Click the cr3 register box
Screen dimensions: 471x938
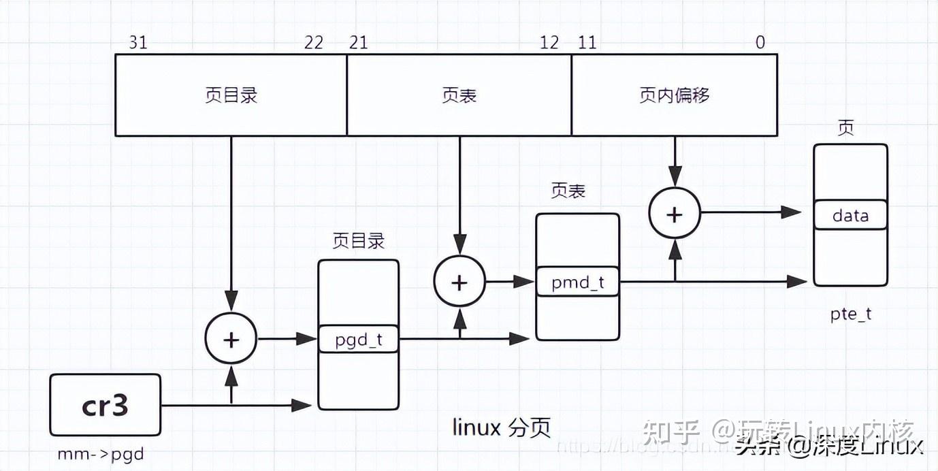105,406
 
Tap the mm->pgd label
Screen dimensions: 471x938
101,453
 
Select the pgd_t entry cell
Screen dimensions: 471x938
359,339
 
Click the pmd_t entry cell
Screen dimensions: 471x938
577,282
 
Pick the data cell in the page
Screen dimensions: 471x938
850,215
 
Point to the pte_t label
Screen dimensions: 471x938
850,314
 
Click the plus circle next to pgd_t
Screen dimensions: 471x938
231,339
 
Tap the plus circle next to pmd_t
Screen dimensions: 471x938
459,282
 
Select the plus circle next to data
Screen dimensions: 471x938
674,214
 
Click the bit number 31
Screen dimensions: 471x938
138,42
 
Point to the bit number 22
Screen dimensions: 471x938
314,42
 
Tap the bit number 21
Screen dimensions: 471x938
358,42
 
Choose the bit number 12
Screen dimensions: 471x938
549,42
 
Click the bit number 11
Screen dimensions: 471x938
587,42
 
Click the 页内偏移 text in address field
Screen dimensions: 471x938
674,95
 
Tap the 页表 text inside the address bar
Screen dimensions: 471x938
459,95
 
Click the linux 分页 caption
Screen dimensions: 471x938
502,427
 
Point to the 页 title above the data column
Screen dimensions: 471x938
845,129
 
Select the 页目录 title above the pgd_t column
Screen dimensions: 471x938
358,240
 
